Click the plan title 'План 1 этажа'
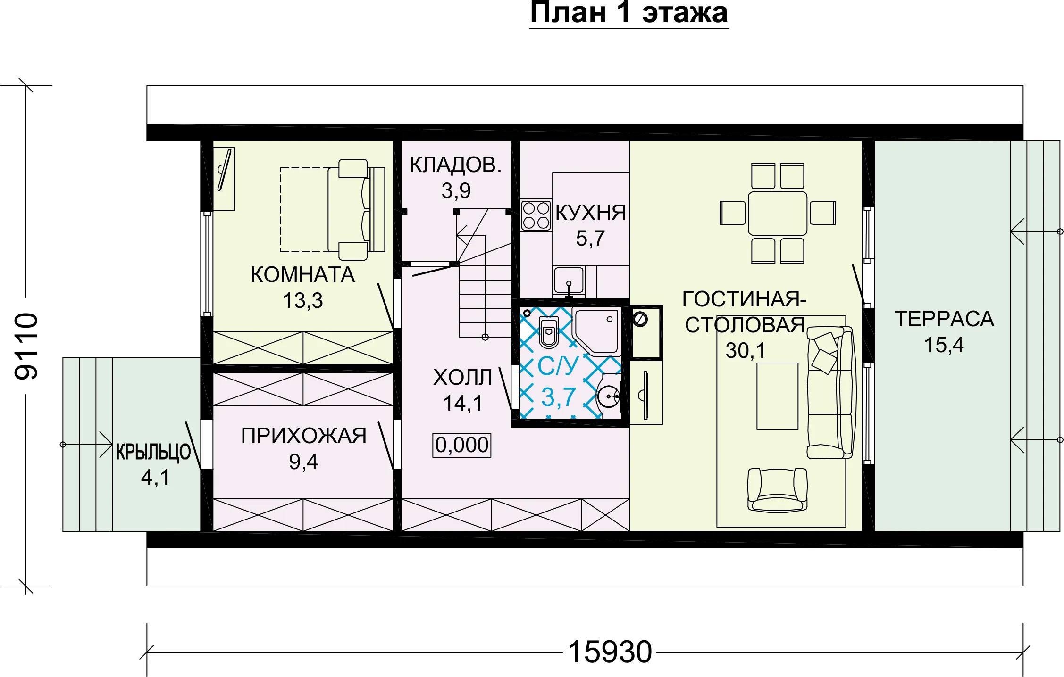[x=629, y=13]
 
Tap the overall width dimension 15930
[x=610, y=652]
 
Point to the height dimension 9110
[x=26, y=346]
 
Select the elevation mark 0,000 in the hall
[x=462, y=445]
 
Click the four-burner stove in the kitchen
[x=536, y=215]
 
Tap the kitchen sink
[x=569, y=281]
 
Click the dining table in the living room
[x=778, y=214]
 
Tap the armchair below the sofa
[x=777, y=490]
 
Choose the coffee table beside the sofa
[x=777, y=396]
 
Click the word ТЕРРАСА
[x=944, y=319]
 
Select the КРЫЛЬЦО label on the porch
[x=153, y=452]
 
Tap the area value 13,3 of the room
[x=303, y=300]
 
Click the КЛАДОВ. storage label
[x=456, y=165]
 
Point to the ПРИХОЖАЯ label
[x=303, y=436]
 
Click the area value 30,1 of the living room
[x=746, y=350]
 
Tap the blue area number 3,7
[x=559, y=397]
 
